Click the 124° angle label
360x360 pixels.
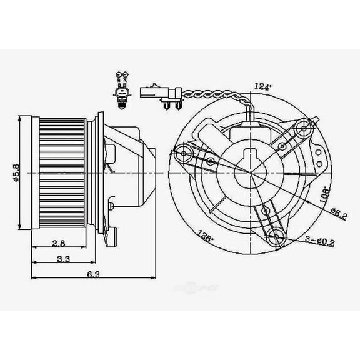[x=264, y=86]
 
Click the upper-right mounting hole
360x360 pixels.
[x=303, y=129]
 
